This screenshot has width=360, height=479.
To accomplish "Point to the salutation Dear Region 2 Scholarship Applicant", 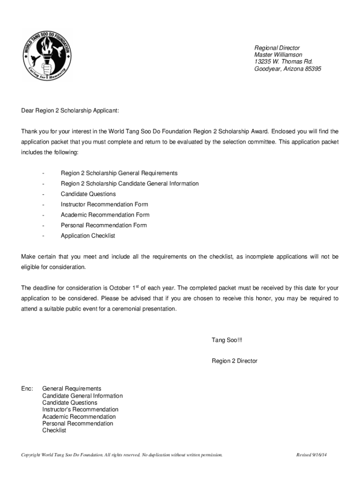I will (70, 111).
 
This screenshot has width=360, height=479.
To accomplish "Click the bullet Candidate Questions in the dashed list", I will (88, 194).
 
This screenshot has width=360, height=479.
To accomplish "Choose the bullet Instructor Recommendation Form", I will (104, 204).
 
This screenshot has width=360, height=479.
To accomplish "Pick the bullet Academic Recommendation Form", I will (105, 215).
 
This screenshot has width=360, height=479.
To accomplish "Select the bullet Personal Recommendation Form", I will (104, 225).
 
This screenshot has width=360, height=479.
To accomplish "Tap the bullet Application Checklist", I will (88, 236).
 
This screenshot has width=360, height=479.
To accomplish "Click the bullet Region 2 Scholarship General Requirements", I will (119, 173).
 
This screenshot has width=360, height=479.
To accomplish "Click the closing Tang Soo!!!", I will (227, 340).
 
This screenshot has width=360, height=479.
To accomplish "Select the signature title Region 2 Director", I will (235, 361).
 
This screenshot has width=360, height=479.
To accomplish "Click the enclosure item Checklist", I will (54, 430).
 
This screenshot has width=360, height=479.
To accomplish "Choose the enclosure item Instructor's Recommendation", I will (80, 409).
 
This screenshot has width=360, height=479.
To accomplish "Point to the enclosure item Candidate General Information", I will (83, 396).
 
